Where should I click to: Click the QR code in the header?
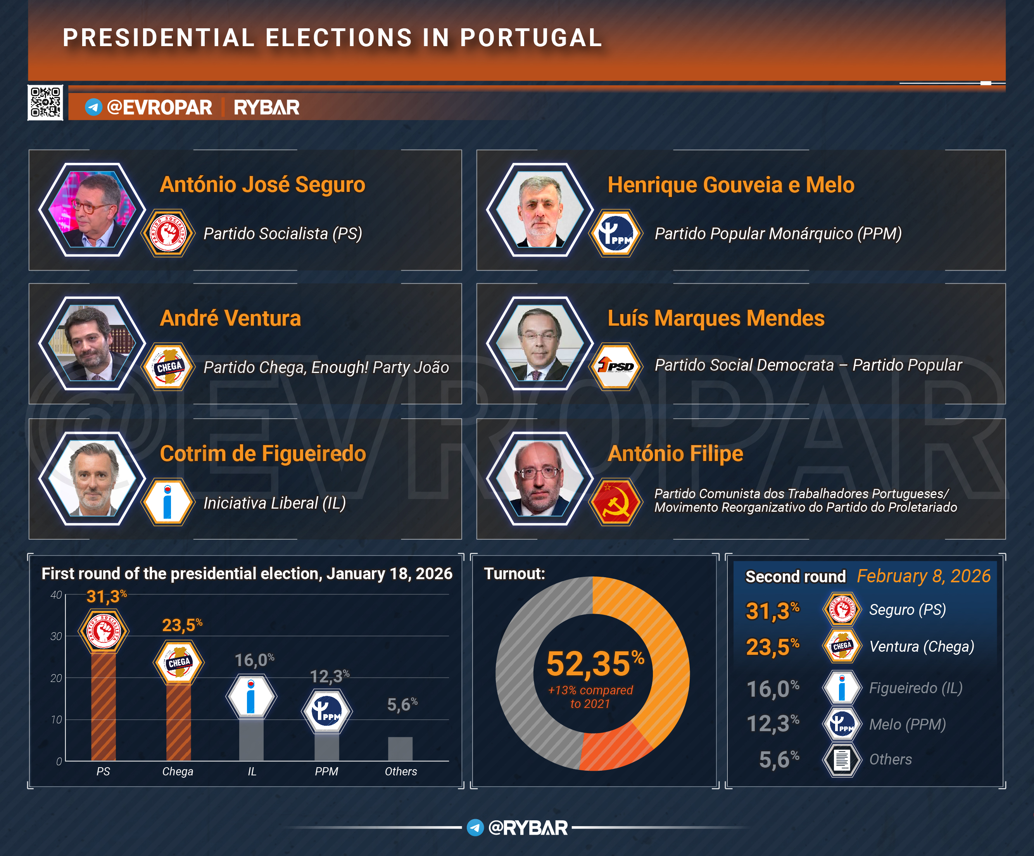[x=45, y=102]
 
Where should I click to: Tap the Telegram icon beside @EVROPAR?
[x=93, y=107]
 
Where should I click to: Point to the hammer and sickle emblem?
[x=616, y=502]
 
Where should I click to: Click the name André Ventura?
[x=230, y=318]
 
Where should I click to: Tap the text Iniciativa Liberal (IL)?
[x=274, y=503]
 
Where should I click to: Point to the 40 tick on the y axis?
[x=56, y=595]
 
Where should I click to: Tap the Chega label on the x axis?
[x=177, y=771]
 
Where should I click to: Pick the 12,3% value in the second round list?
[x=772, y=723]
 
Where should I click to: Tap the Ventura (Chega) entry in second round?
[x=921, y=646]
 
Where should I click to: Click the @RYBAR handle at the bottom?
[x=527, y=828]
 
